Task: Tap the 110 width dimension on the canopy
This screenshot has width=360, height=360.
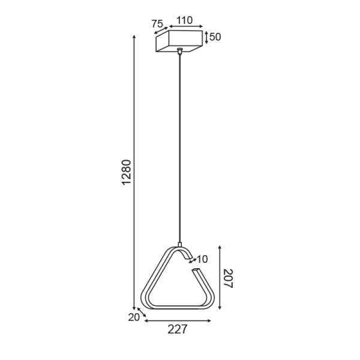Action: point(181,20)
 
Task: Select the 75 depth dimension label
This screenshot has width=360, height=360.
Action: point(157,24)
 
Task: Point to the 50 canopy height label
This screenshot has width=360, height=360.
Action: point(215,37)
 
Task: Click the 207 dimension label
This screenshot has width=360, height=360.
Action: point(227,278)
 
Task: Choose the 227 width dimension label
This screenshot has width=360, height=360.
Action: point(178,329)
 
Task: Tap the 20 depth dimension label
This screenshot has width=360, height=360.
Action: point(133,317)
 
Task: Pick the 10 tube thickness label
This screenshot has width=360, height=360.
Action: point(202,259)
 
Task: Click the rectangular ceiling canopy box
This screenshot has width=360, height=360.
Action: point(179,41)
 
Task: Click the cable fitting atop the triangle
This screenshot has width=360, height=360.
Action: point(179,245)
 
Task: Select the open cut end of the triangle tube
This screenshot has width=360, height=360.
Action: point(194,272)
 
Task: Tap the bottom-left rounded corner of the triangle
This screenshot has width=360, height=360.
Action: point(147,302)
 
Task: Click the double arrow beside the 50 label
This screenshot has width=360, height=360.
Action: point(206,37)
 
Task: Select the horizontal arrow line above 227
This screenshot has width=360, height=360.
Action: point(178,320)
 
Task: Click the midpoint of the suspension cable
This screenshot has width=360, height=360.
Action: point(179,150)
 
